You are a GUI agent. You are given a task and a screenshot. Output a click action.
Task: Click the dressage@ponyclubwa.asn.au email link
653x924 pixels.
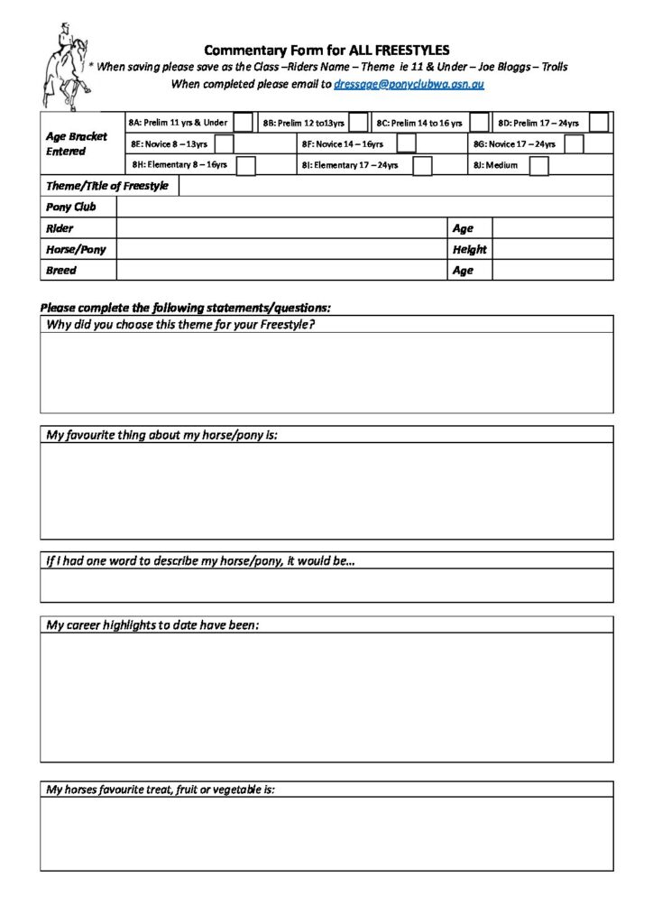[x=409, y=83]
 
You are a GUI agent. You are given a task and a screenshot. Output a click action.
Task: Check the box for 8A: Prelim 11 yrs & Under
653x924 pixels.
[x=243, y=123]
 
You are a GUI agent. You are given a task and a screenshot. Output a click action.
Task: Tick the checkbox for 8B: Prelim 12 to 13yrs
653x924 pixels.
[x=358, y=123]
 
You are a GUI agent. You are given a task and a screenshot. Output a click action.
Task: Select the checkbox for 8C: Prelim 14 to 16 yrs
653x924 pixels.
[x=479, y=123]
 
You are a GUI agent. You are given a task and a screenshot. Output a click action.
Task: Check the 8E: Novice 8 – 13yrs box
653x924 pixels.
[x=224, y=143]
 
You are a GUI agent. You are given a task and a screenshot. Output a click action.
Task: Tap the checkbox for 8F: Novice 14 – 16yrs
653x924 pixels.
[x=406, y=143]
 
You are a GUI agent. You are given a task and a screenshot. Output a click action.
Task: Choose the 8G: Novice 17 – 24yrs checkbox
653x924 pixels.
[x=574, y=143]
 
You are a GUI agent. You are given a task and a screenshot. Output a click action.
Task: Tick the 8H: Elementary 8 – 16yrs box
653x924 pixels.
[x=245, y=165]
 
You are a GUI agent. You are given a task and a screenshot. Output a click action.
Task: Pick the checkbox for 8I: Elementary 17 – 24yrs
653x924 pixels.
[x=422, y=165]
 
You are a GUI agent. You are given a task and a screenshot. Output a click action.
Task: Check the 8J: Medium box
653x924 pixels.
[x=538, y=165]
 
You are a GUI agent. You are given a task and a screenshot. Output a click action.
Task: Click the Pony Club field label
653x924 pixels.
[x=69, y=207]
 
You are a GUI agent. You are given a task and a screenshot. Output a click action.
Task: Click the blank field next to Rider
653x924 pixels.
[x=281, y=228]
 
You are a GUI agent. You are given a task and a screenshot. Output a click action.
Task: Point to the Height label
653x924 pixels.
[x=469, y=249]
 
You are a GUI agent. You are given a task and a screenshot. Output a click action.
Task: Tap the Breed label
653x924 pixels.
[x=61, y=270]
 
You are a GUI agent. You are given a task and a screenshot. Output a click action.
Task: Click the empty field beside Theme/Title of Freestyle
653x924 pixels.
[x=396, y=186]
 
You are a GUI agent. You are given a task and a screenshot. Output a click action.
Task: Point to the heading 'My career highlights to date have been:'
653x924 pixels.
[x=152, y=624]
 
